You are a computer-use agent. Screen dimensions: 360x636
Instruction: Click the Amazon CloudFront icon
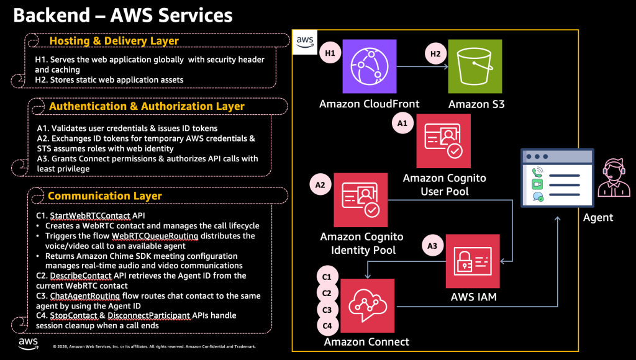[370, 65]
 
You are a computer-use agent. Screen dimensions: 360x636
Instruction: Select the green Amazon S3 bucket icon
[476, 65]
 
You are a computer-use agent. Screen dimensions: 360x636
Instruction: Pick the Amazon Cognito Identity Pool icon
[361, 200]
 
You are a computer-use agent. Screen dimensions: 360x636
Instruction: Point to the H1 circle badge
[330, 54]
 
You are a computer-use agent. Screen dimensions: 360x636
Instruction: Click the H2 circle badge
[435, 54]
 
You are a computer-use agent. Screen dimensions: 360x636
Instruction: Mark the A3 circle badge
[432, 245]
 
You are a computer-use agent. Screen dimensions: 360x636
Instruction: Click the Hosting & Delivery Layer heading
[114, 41]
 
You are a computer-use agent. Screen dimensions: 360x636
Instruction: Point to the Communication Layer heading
[105, 196]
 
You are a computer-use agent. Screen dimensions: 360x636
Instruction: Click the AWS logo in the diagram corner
[304, 42]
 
